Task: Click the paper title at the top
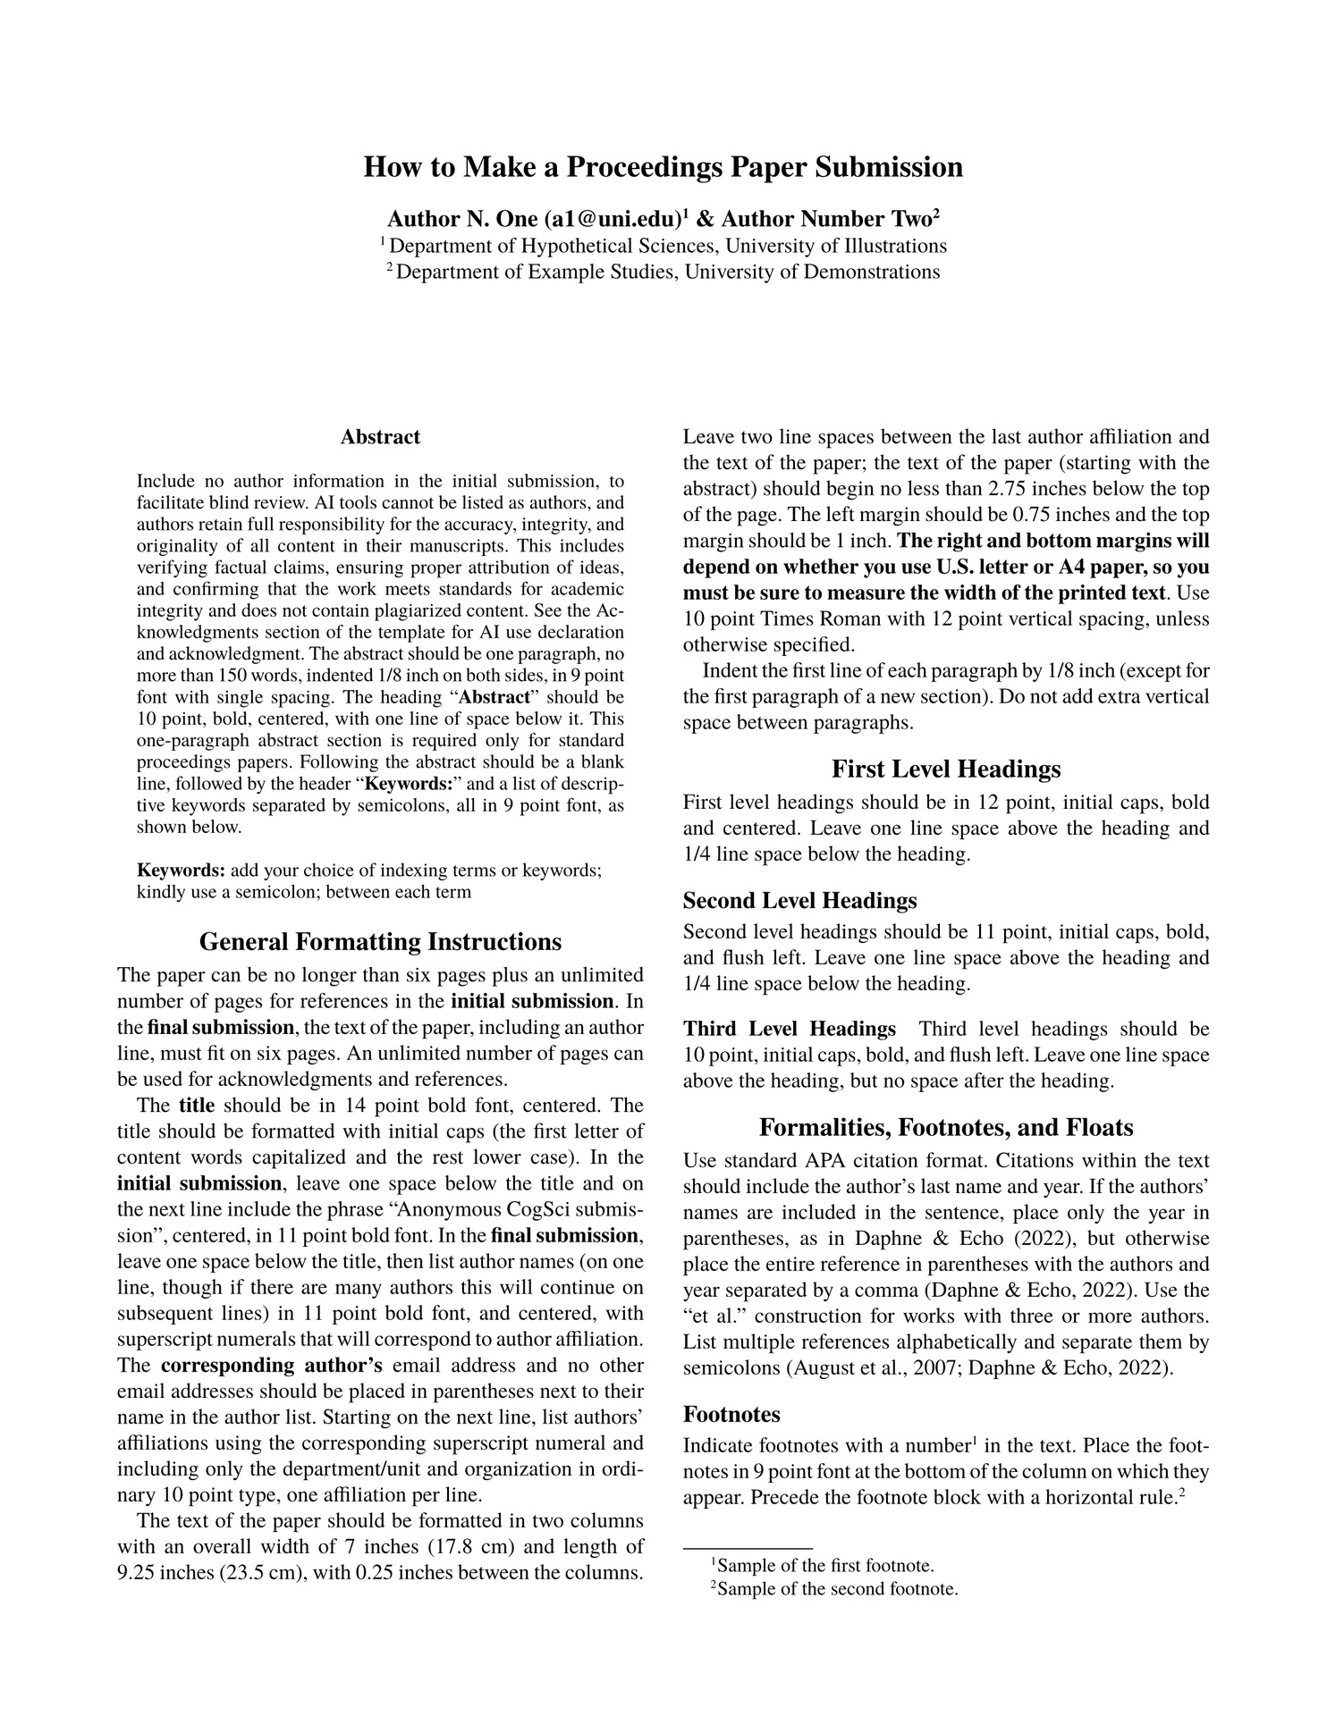(x=663, y=167)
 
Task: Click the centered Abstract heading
(x=380, y=437)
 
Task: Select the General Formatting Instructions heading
(x=380, y=942)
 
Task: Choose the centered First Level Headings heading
(x=946, y=769)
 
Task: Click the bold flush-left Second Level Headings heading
(x=799, y=900)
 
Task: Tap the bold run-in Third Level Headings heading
(x=790, y=1029)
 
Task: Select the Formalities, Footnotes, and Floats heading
(x=946, y=1127)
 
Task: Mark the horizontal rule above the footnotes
(x=748, y=1547)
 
